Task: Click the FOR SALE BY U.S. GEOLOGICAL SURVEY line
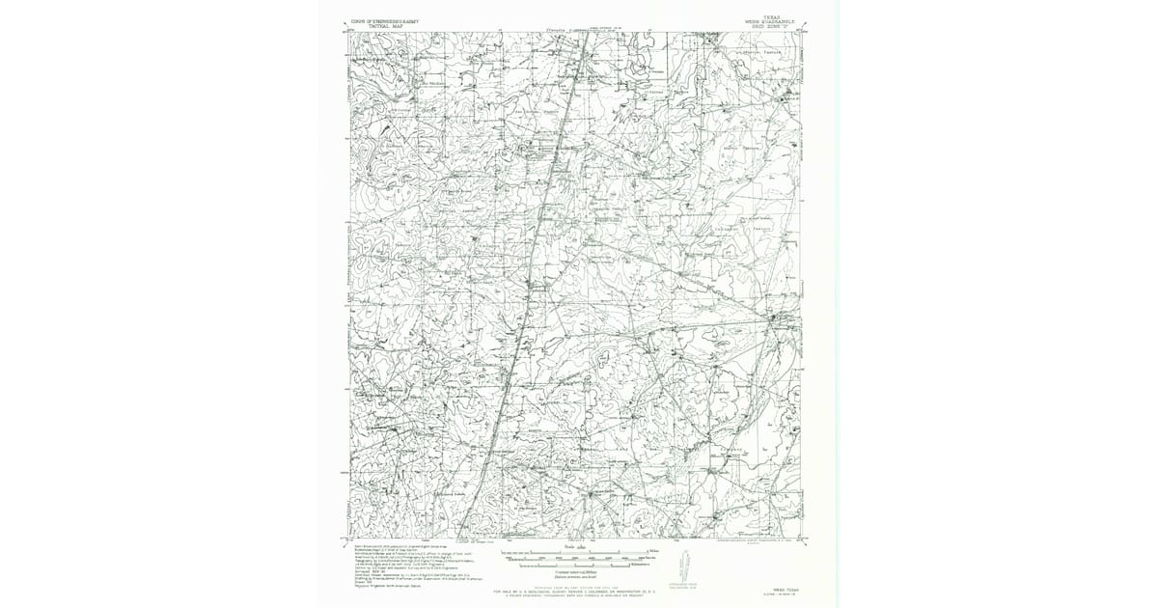click(x=579, y=590)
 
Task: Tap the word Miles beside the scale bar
click(x=653, y=550)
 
